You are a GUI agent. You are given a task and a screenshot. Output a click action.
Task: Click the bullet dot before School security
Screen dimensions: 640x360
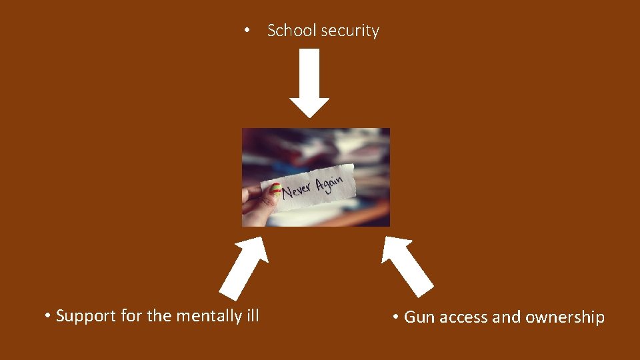click(x=247, y=31)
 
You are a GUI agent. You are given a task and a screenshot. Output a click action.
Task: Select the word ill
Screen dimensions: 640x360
click(x=253, y=315)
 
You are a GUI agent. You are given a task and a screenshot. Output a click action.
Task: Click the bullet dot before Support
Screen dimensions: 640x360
click(x=48, y=316)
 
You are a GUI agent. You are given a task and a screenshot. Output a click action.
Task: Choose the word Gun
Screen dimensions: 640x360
click(x=419, y=317)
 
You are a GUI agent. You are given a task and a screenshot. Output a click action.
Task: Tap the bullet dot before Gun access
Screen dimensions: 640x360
click(x=396, y=317)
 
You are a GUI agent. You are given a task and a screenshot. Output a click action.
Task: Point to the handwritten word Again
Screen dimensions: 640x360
click(x=332, y=182)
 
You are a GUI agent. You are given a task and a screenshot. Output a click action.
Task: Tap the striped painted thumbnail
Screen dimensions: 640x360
click(x=273, y=191)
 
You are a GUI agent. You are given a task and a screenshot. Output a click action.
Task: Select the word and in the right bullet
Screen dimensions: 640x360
click(x=507, y=317)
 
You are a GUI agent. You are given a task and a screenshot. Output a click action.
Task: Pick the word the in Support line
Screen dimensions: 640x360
click(x=159, y=316)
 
